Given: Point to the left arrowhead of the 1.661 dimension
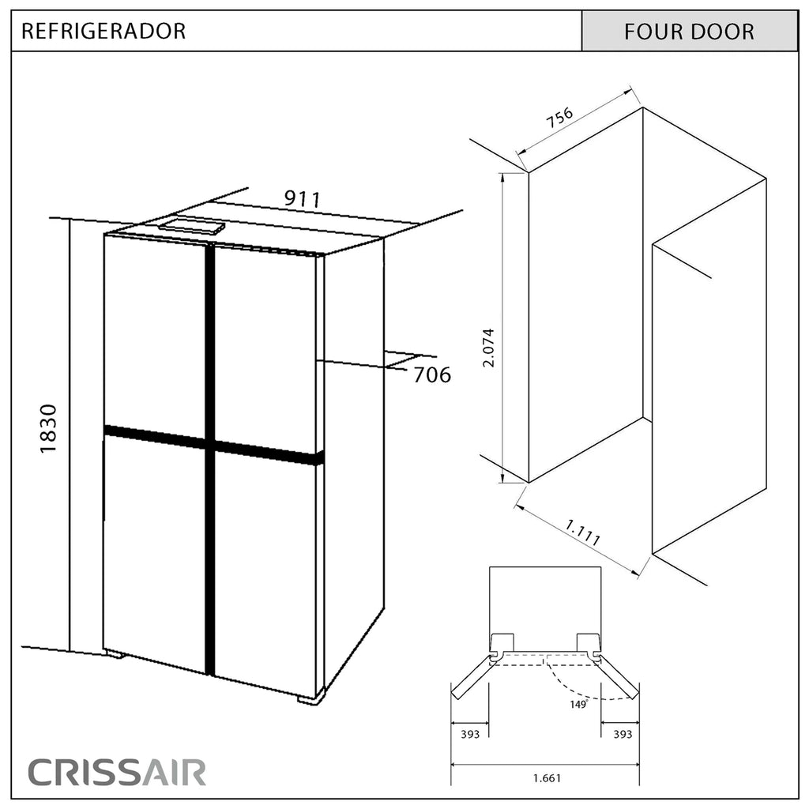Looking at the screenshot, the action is click(x=454, y=765).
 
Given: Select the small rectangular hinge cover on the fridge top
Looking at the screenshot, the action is click(x=191, y=227).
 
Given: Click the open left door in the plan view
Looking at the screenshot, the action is click(x=471, y=676).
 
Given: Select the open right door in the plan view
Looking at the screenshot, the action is click(x=619, y=676).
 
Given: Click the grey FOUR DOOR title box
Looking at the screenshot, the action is click(x=689, y=31).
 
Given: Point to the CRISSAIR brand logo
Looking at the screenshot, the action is click(x=117, y=773).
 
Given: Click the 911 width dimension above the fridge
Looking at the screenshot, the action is click(x=303, y=199).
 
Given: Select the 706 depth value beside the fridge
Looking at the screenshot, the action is click(x=432, y=374).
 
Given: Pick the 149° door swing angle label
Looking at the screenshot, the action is click(x=579, y=704).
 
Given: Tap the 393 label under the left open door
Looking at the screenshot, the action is click(x=470, y=734).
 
